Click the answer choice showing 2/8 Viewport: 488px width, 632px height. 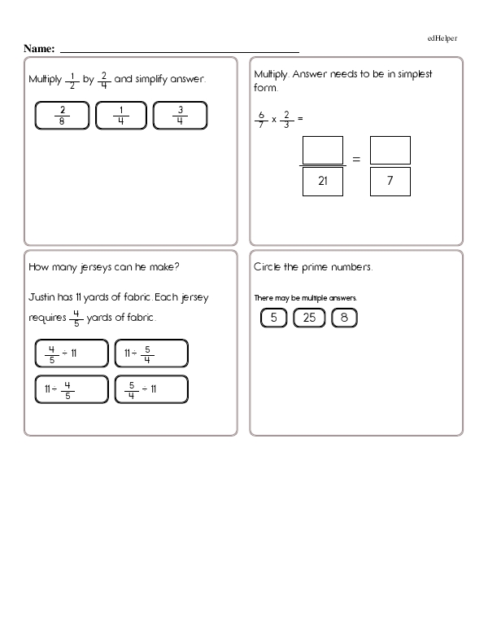(63, 116)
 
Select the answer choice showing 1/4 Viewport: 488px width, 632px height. (120, 116)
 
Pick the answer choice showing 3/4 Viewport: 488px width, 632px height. (180, 116)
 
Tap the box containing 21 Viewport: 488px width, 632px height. (322, 182)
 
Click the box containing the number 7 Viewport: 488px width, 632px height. (390, 182)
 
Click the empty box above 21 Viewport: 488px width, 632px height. (322, 150)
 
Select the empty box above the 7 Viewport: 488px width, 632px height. (390, 150)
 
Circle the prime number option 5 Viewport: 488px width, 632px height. (274, 318)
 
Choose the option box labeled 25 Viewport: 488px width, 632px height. (309, 318)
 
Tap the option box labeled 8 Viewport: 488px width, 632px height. (345, 318)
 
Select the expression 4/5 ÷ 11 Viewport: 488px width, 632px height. (72, 353)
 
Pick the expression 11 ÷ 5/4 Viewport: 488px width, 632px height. (151, 353)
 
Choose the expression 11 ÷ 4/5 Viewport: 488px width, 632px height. (72, 389)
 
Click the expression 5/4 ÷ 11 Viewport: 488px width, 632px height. (151, 389)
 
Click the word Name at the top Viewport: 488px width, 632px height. (38, 49)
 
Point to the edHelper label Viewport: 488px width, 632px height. (442, 38)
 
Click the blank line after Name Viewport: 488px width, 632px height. (179, 50)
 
